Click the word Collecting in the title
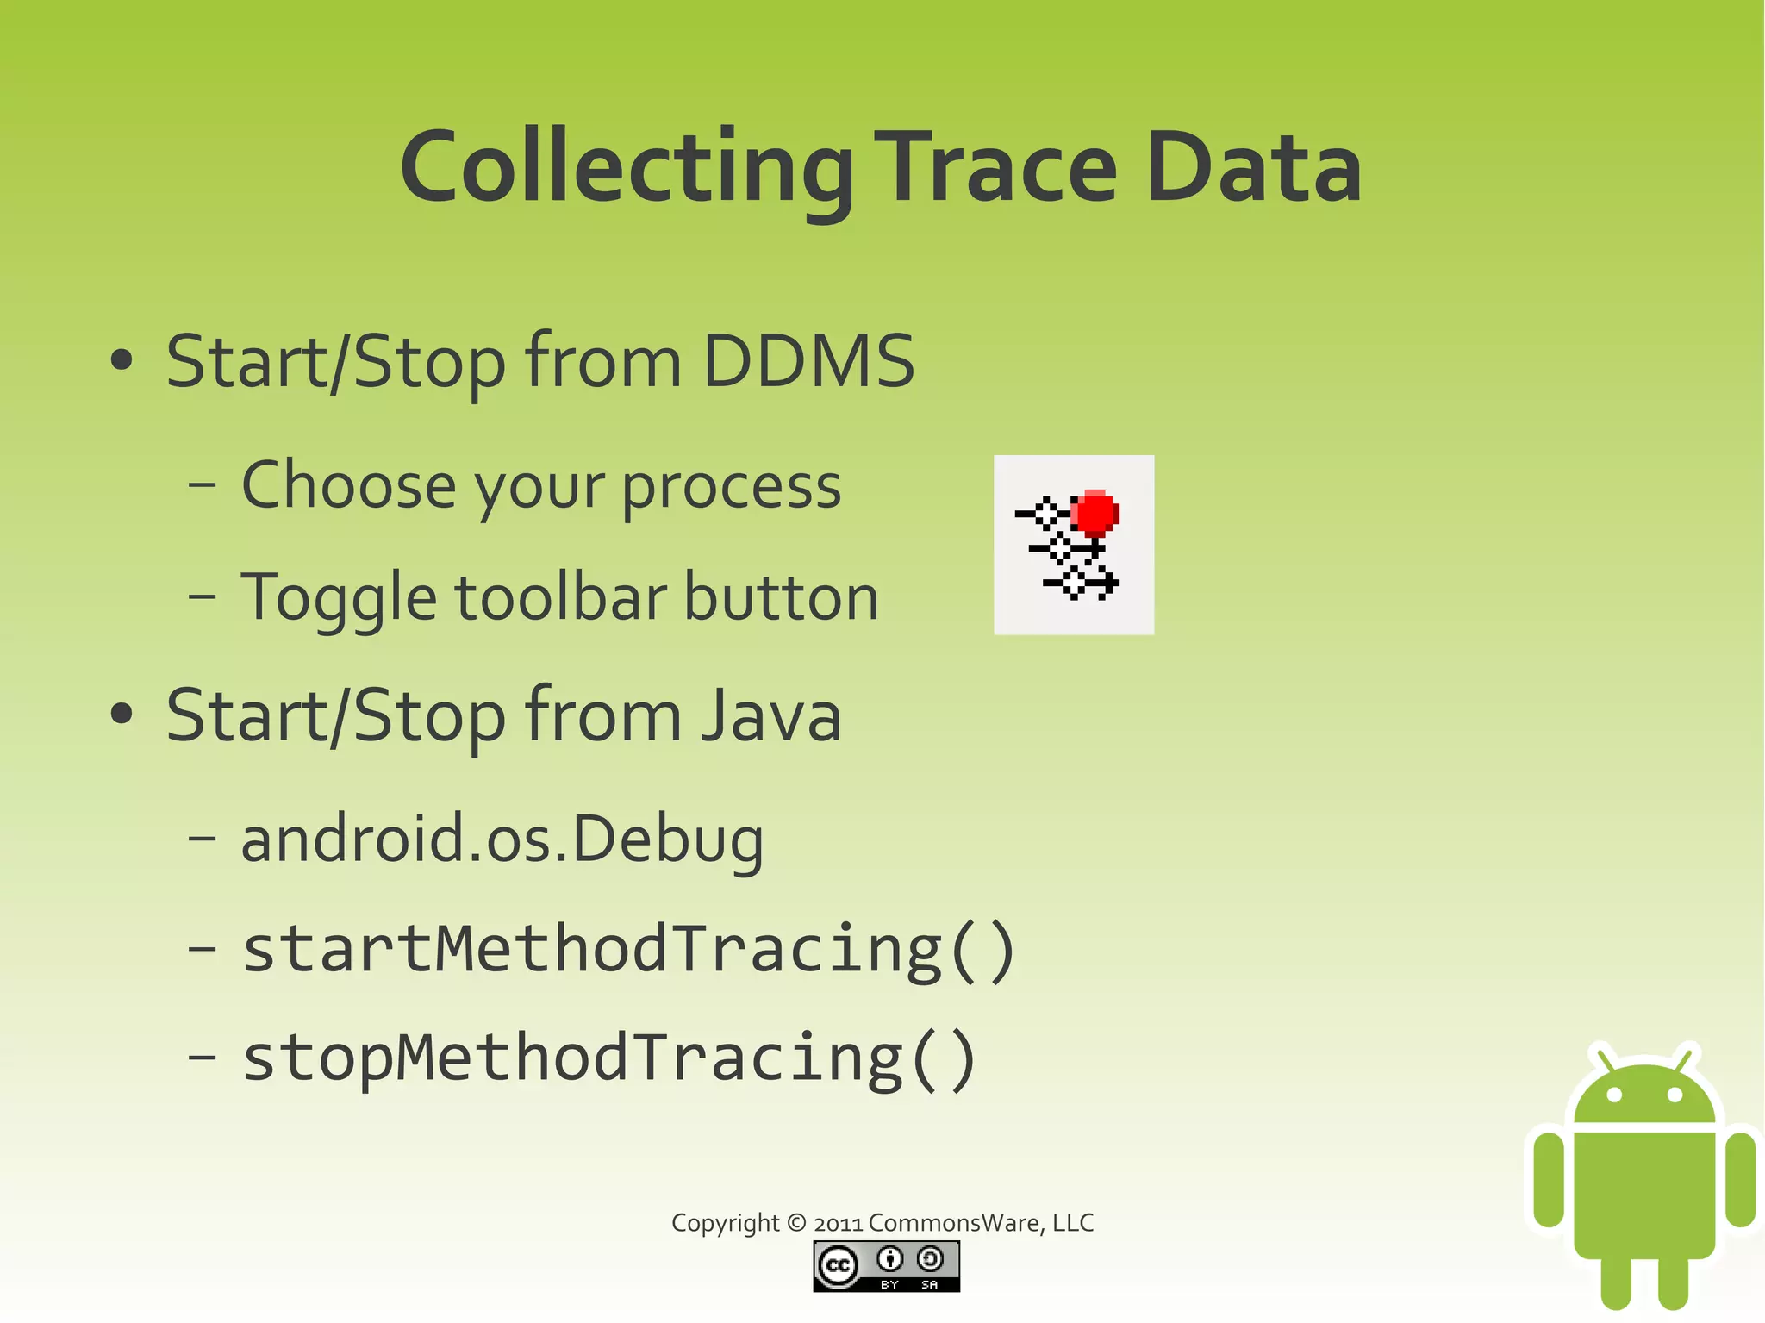[627, 167]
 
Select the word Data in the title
[1253, 167]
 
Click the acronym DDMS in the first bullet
[808, 361]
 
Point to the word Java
[770, 716]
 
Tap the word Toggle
[339, 598]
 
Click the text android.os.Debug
[502, 839]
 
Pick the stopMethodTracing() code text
[609, 1058]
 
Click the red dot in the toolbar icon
[1095, 514]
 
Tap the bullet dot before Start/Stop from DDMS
[122, 361]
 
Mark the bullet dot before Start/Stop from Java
[122, 715]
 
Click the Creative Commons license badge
[886, 1266]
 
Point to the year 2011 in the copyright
[839, 1224]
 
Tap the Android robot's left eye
[1614, 1095]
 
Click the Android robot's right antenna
[1685, 1056]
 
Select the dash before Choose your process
[202, 485]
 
